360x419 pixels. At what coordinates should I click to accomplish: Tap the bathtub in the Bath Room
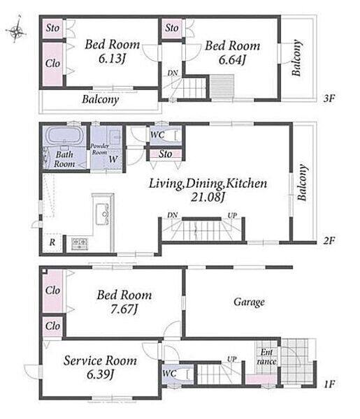pos(65,136)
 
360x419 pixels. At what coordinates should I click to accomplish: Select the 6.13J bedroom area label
pos(112,59)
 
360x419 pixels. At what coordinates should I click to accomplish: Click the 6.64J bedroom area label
pos(232,60)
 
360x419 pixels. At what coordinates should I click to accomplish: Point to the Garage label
pos(250,302)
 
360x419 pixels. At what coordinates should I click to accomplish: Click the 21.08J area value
pos(208,197)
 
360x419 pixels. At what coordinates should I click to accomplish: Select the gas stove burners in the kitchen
pos(80,244)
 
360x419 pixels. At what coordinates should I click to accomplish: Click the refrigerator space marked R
pos(52,242)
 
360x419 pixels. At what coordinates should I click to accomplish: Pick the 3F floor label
pos(329,98)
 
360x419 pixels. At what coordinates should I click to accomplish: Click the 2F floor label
pos(329,240)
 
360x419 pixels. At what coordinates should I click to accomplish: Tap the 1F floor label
pos(329,384)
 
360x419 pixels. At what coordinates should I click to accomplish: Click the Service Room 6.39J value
pos(100,374)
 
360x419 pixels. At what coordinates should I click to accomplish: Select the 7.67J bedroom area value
pos(124,309)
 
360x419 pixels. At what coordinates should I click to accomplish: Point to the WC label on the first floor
pos(169,374)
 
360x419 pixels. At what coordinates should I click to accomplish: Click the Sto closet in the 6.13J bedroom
pos(52,28)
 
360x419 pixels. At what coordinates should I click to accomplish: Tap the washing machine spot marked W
pos(113,159)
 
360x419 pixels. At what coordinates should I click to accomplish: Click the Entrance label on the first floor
pos(266,357)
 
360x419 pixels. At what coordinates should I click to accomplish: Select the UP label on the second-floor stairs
pos(232,215)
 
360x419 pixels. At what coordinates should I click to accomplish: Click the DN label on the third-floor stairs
pos(173,73)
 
